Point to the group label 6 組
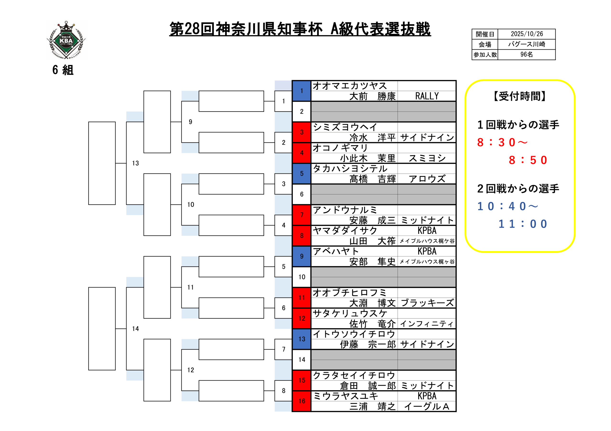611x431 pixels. pos(63,70)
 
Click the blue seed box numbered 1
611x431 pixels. pos(301,91)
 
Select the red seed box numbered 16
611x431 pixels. pos(301,401)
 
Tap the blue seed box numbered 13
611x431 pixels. pos(301,339)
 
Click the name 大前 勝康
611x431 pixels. pos(372,96)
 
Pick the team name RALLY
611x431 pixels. pos(427,96)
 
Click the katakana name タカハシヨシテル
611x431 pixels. pos(350,169)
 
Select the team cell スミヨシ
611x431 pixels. pos(427,158)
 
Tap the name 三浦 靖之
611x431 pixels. pos(372,406)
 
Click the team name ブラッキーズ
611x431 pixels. pos(427,303)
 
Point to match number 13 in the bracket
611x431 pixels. pos(136,163)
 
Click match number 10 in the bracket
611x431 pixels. pos(190,205)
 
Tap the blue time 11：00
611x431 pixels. pos(522,224)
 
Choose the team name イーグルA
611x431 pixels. pos(427,406)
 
